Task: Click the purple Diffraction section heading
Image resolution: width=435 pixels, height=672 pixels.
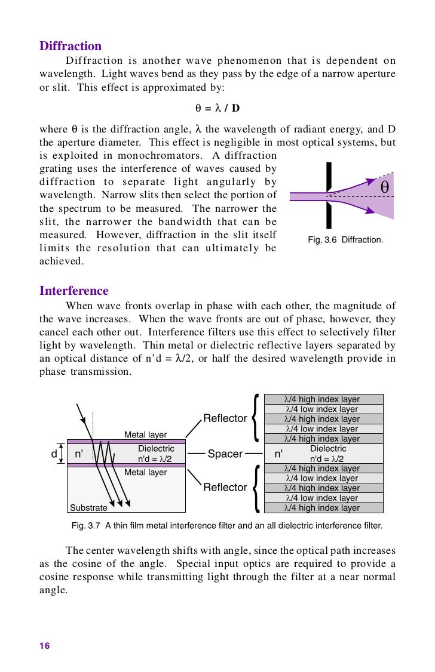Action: point(71,46)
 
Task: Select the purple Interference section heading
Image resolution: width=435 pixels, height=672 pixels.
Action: point(74,291)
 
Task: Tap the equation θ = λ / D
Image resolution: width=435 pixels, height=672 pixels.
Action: point(217,109)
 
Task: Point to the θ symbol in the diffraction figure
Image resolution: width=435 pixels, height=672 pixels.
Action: point(384,187)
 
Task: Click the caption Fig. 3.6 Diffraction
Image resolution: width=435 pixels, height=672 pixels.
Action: point(345,240)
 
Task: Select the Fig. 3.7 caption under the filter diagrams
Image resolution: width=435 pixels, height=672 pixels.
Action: point(226,526)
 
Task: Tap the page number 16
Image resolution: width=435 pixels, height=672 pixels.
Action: point(45,646)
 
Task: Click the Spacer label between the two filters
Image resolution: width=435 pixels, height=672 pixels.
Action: point(225,454)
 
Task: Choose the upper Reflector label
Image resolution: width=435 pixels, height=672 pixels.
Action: point(225,418)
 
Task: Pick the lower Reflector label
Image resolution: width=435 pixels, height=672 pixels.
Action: point(225,488)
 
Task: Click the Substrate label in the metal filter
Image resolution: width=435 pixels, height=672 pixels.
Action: point(88,508)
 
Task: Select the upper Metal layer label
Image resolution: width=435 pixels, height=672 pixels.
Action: point(145,434)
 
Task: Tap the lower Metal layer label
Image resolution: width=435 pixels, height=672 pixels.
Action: point(145,472)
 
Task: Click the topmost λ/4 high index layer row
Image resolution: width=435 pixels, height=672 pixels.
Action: point(323,399)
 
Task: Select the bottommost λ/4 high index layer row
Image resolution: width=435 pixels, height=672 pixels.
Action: point(323,508)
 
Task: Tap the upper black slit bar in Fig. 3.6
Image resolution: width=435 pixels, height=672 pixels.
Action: point(328,177)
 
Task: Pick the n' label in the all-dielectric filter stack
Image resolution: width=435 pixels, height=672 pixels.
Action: point(278,454)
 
